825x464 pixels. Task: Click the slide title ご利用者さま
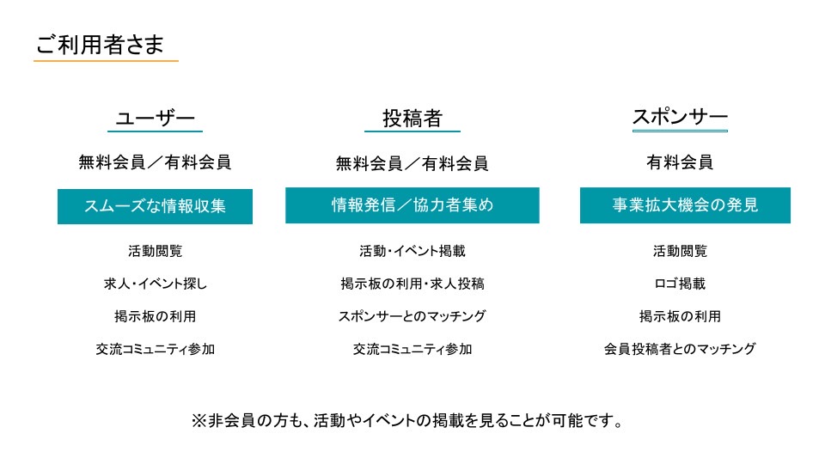coord(100,44)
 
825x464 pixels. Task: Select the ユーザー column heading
coord(156,118)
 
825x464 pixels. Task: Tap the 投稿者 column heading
coord(412,118)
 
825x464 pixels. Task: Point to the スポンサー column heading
coord(680,117)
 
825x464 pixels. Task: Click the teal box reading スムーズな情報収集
coord(155,206)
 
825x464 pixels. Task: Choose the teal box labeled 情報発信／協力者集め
coord(412,205)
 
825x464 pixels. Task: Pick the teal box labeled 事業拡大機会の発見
coord(685,205)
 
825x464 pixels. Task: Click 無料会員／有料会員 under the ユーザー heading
coord(155,162)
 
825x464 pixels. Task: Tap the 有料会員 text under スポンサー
coord(680,162)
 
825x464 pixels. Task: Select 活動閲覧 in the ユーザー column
coord(155,251)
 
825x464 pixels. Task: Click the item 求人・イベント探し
coord(156,284)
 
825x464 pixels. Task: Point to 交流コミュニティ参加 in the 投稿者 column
coord(412,349)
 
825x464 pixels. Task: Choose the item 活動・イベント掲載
coord(412,251)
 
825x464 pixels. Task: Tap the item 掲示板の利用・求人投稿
coord(412,284)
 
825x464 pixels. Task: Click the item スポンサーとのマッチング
coord(412,316)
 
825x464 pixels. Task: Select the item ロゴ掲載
coord(680,284)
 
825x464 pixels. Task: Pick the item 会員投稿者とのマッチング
coord(680,349)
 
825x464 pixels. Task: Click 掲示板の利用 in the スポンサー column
coord(680,316)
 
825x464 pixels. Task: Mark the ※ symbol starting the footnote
coord(199,421)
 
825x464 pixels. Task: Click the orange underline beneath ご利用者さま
coord(106,61)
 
